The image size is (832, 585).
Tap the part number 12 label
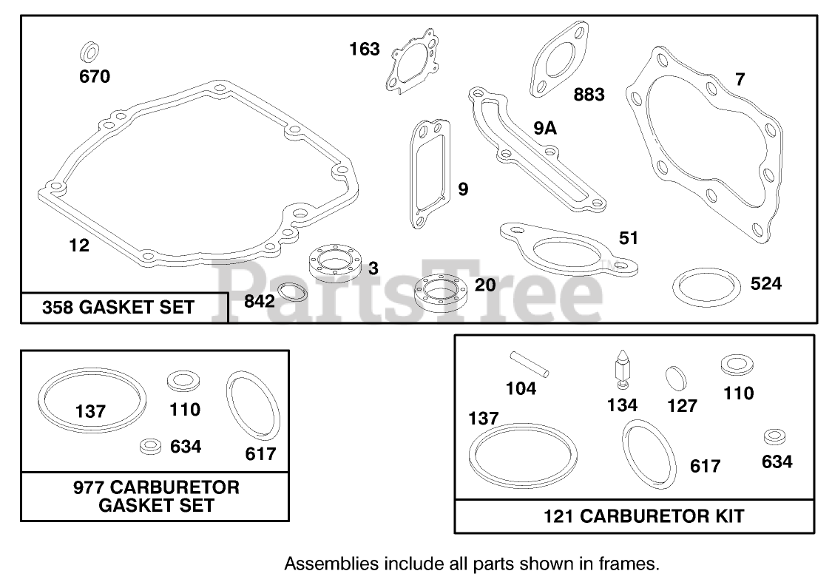[78, 246]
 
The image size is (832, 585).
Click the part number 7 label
[740, 79]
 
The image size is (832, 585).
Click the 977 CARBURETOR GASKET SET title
[155, 496]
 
